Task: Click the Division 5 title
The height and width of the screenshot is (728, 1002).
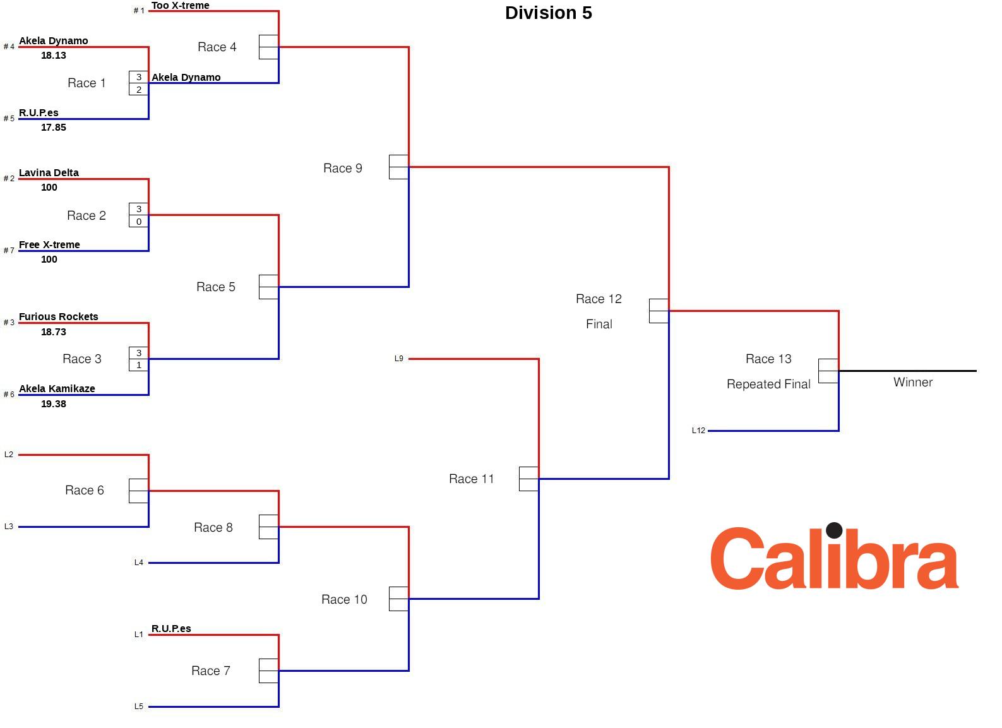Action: click(x=548, y=13)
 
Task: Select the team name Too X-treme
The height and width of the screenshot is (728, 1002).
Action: click(x=180, y=6)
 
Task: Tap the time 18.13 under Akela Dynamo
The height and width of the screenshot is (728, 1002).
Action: click(x=54, y=56)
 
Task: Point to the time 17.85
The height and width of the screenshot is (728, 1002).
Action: click(x=54, y=128)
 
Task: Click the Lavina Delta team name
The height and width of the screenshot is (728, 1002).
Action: click(x=49, y=173)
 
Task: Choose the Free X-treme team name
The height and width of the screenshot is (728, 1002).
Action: click(x=49, y=245)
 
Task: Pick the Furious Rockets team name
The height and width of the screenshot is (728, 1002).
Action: click(x=58, y=317)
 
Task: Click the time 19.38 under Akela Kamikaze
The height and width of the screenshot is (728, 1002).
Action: click(x=54, y=404)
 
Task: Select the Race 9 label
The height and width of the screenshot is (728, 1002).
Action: click(x=343, y=168)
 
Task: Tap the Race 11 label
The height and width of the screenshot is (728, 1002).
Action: click(x=472, y=479)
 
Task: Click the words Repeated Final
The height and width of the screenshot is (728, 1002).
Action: click(x=768, y=385)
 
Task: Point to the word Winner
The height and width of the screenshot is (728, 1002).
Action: click(x=913, y=382)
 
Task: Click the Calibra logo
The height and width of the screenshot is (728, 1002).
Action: click(x=834, y=559)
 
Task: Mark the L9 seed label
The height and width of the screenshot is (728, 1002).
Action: click(x=399, y=359)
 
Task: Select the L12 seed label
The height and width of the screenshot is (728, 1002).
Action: click(x=698, y=431)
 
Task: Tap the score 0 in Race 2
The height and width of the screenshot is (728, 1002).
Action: click(x=139, y=222)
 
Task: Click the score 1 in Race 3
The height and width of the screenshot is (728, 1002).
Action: click(x=139, y=365)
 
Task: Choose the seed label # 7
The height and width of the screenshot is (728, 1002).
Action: click(x=9, y=251)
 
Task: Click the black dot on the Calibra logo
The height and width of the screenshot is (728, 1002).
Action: click(x=834, y=530)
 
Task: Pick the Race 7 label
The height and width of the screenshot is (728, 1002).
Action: click(x=211, y=671)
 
